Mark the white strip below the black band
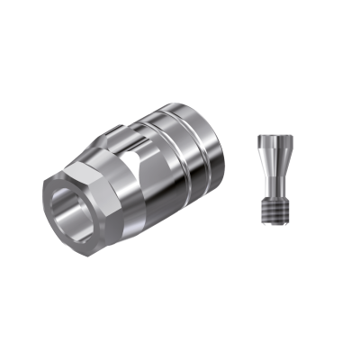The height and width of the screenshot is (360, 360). [180, 324]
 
